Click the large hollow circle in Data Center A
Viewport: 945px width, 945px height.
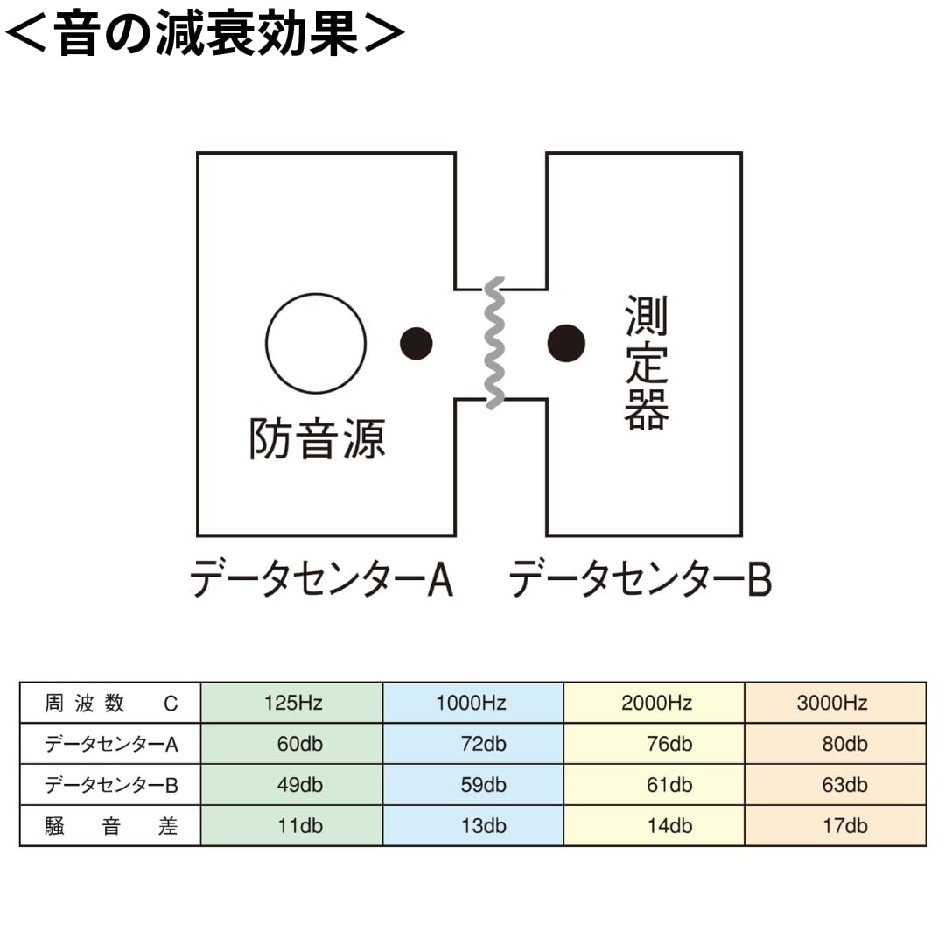click(316, 343)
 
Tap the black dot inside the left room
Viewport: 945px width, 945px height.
click(416, 343)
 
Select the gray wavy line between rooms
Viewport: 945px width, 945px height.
click(494, 343)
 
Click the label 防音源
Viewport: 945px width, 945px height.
click(317, 438)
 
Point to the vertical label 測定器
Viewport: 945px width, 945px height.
click(647, 362)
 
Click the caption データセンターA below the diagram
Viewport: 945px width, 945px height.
click(321, 578)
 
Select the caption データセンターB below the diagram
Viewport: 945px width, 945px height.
click(640, 578)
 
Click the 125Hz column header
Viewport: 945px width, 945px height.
click(292, 703)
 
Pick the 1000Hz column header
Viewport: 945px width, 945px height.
click(472, 703)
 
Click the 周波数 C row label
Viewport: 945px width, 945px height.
click(111, 703)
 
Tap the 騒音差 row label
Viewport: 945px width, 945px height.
click(111, 826)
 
